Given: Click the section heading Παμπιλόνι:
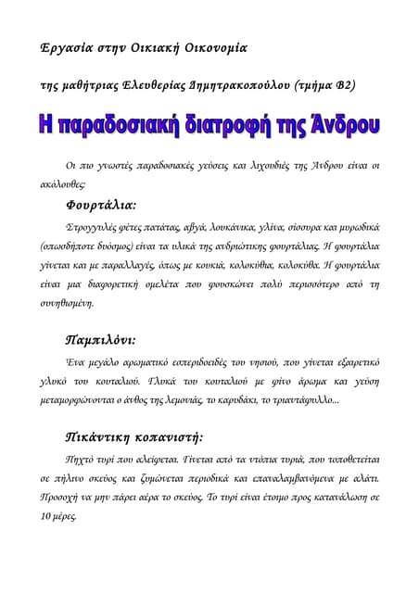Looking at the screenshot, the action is click(102, 339).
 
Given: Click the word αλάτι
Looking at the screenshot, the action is click(365, 479).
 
